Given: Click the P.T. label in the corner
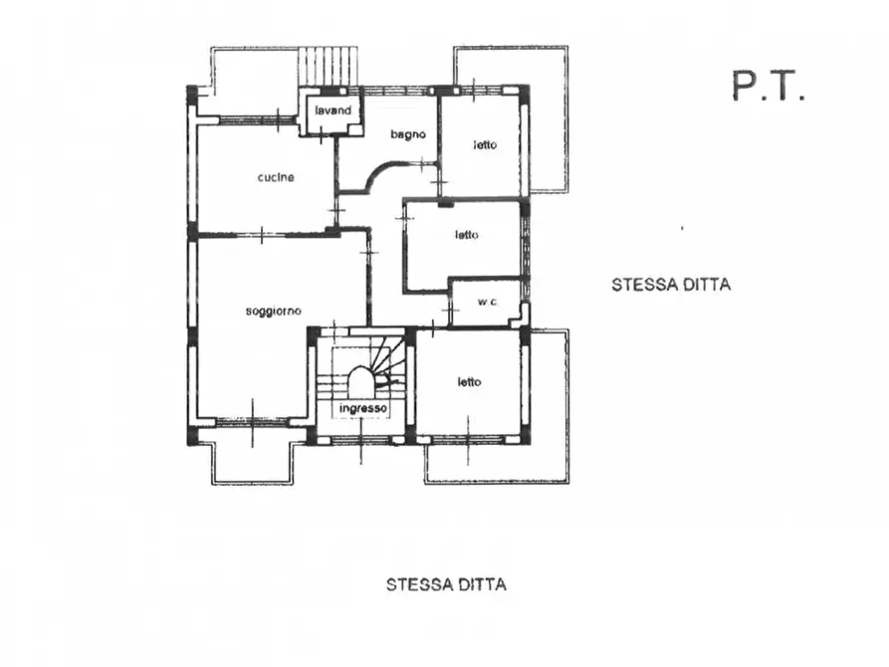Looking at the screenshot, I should [x=768, y=87].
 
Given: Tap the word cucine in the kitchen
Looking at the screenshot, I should [x=275, y=178].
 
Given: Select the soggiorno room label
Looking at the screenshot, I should [x=273, y=312].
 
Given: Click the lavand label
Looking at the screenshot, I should [x=333, y=111].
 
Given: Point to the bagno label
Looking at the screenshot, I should [x=408, y=134].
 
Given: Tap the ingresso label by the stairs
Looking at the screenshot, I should [x=362, y=409].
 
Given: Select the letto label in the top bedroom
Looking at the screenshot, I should [x=484, y=145].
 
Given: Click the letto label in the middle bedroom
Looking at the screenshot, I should [x=467, y=236].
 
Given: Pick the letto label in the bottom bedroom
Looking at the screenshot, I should [x=470, y=381].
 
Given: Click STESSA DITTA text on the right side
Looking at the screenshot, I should [x=670, y=285].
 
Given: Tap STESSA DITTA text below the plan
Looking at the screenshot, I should [x=445, y=584].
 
